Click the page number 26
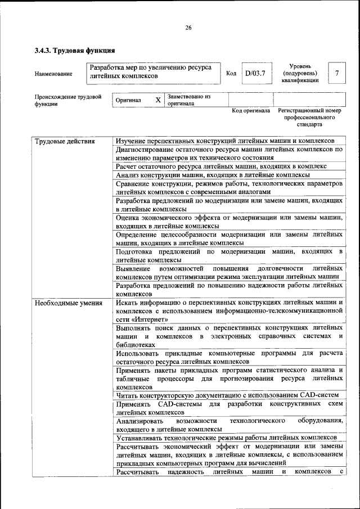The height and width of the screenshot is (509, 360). (x=188, y=29)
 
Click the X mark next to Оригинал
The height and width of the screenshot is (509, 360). (x=158, y=100)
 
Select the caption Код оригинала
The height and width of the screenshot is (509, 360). (x=251, y=111)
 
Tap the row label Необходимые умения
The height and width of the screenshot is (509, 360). (x=68, y=304)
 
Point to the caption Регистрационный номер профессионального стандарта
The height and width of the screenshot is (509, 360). (x=309, y=118)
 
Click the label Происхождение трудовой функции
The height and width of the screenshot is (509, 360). (x=67, y=100)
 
